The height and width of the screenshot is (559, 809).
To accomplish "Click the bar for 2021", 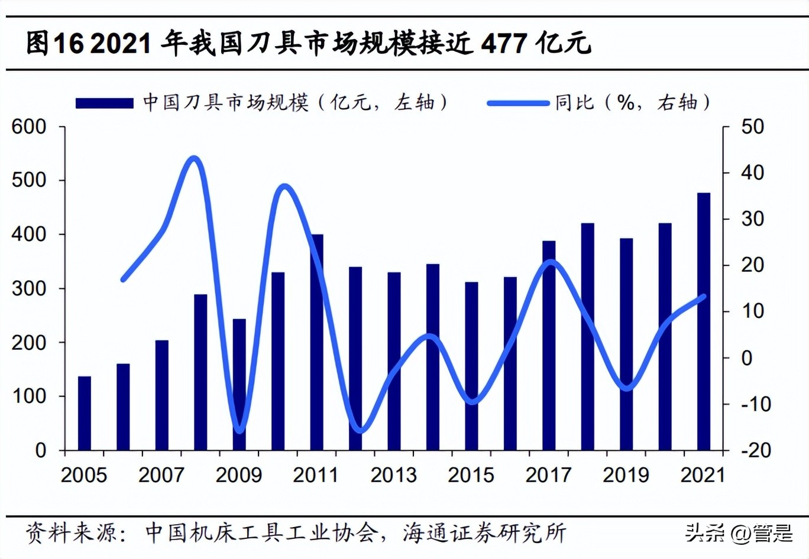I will pyautogui.click(x=703, y=321).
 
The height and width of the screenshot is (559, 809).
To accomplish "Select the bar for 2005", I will pyautogui.click(x=85, y=413).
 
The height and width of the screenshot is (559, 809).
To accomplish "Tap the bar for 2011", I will pyautogui.click(x=317, y=342).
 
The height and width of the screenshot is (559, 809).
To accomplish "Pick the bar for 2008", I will pyautogui.click(x=200, y=372).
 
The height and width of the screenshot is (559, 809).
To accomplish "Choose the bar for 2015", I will pyautogui.click(x=471, y=366).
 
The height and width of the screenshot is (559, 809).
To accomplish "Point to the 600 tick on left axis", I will pyautogui.click(x=29, y=126).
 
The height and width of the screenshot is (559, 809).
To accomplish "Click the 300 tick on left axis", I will pyautogui.click(x=29, y=288).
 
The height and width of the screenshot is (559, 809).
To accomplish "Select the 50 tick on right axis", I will pyautogui.click(x=752, y=126).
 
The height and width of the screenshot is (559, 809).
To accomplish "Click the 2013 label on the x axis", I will pyautogui.click(x=393, y=475).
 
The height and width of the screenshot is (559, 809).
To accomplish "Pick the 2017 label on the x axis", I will pyautogui.click(x=548, y=475).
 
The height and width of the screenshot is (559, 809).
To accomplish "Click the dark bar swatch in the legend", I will pyautogui.click(x=105, y=103).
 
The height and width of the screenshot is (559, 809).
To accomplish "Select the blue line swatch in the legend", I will pyautogui.click(x=518, y=103).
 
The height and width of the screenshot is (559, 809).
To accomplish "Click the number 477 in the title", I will pyautogui.click(x=504, y=44).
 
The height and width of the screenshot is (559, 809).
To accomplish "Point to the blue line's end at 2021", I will pyautogui.click(x=703, y=297).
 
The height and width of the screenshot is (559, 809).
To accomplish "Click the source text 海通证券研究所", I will pyautogui.click(x=484, y=533).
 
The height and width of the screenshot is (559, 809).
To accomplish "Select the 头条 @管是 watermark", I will pyautogui.click(x=739, y=533).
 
